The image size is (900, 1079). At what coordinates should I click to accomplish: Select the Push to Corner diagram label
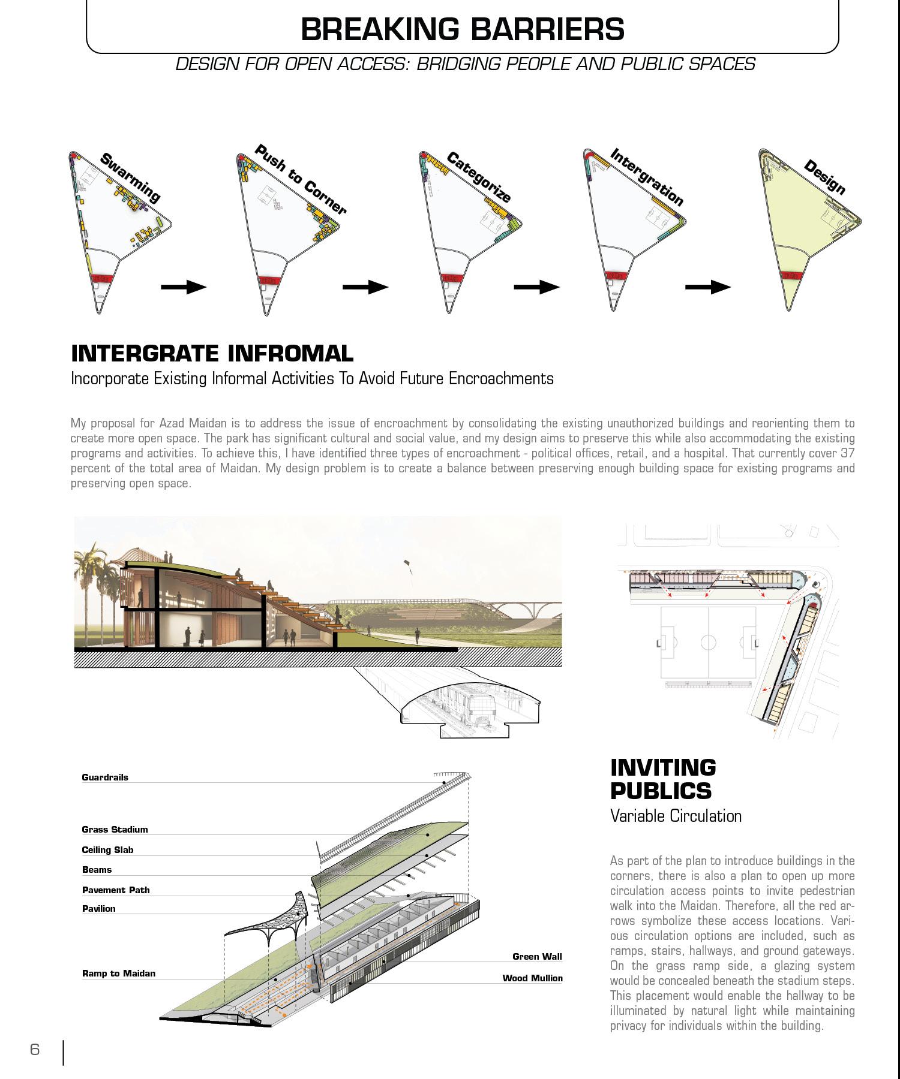(x=300, y=179)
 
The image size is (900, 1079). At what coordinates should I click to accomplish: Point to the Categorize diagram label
(x=478, y=177)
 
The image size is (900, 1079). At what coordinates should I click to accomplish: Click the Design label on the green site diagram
(x=824, y=177)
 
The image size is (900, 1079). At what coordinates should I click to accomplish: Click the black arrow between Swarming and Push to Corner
(x=183, y=287)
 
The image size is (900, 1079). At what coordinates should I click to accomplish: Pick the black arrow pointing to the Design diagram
(x=707, y=287)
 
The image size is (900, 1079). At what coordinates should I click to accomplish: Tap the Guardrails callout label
(x=105, y=777)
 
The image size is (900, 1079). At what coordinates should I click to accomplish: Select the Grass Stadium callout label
(x=115, y=830)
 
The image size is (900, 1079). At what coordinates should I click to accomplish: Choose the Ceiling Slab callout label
(x=107, y=850)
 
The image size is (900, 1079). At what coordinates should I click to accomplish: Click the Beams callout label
(x=97, y=870)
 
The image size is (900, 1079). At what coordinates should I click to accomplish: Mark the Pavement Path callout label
(x=116, y=890)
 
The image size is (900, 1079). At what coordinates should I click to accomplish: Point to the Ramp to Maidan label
(x=119, y=973)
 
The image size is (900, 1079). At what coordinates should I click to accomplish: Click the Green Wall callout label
(x=537, y=957)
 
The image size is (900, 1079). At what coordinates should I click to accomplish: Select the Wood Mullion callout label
(x=532, y=978)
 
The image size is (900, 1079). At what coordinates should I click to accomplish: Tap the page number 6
(x=35, y=1050)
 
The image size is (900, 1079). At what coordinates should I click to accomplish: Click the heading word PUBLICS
(x=661, y=791)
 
